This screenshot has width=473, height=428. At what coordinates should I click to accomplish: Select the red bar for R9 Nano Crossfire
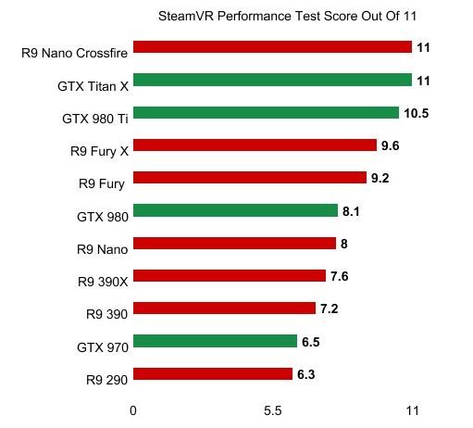coord(272,47)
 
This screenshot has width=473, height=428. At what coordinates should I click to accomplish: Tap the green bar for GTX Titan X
coord(272,81)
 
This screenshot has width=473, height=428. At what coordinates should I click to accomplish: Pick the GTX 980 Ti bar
coord(266,113)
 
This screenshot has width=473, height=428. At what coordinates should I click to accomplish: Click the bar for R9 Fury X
coord(255,145)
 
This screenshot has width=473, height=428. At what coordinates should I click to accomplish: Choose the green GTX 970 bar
coord(215,342)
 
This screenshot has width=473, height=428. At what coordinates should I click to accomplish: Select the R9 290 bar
coord(213,374)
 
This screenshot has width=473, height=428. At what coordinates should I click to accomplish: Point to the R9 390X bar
coord(230,276)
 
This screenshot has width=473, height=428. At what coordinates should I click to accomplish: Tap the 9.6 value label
coord(392,145)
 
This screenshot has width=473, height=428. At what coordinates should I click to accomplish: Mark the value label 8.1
coord(352,211)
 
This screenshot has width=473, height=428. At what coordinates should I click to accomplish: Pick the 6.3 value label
coord(306,374)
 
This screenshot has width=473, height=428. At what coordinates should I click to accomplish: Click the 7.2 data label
coord(330,308)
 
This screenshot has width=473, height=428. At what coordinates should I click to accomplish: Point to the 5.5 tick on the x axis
coord(272,410)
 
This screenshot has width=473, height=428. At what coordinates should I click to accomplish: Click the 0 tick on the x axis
coord(133,410)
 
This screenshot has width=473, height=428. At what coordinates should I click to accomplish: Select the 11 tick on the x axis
coord(412,410)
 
